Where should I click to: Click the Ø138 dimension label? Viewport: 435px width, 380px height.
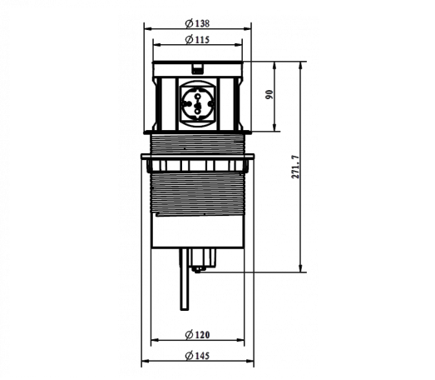(x=197, y=23)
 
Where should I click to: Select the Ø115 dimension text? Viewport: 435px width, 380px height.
(x=197, y=40)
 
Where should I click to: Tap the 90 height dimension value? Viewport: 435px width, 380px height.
(x=269, y=94)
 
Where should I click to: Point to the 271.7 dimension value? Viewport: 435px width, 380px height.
(x=296, y=167)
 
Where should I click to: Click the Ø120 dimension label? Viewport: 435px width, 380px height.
(x=197, y=335)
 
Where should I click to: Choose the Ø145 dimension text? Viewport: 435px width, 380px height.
(x=197, y=356)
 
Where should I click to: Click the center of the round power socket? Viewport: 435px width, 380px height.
(x=197, y=104)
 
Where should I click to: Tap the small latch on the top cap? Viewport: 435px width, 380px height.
(x=197, y=69)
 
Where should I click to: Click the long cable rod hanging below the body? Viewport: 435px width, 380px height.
(x=184, y=279)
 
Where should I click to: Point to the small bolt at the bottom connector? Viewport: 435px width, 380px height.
(x=198, y=269)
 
